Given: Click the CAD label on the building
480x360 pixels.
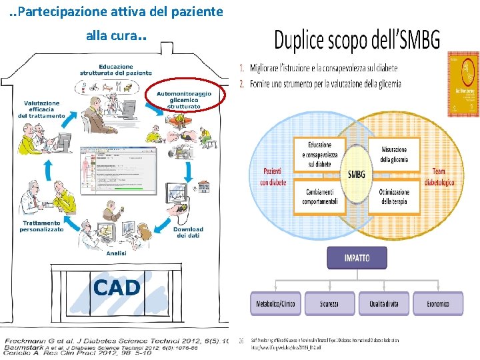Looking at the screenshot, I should coord(117,288).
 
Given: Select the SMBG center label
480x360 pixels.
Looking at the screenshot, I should coord(357,175).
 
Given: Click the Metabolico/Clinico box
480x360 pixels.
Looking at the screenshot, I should coord(275,304).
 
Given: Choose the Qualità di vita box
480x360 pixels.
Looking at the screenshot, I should coord(384,304).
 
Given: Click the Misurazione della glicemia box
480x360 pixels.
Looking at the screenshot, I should coord(394,154).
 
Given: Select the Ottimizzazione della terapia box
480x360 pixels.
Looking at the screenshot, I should coord(394,197).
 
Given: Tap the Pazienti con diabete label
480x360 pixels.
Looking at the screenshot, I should coord(273,177).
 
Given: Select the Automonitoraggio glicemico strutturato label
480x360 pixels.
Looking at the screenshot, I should coord(184,100).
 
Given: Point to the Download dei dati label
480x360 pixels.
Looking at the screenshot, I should coord(188,232).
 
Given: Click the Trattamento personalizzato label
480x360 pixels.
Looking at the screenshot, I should coord(41,226).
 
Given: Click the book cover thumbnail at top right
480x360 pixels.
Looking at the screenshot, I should coord(463,84).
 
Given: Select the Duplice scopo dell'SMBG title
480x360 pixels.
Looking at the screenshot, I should coord(357,41).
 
